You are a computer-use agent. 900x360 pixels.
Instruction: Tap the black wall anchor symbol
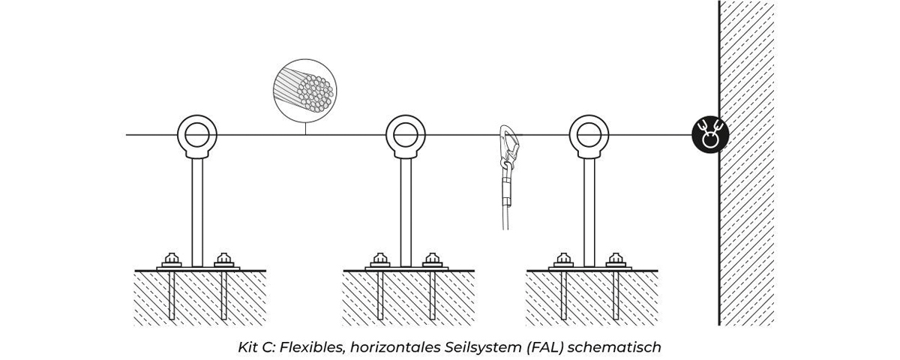710,135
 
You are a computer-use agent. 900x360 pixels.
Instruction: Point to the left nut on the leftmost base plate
172,259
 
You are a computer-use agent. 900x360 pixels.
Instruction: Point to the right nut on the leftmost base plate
223,259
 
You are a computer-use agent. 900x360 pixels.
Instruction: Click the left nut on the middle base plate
380,259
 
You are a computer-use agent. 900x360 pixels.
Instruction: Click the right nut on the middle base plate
431,259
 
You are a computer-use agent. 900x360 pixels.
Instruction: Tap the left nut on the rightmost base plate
563,259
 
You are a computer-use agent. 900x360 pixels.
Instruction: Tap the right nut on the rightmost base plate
614,259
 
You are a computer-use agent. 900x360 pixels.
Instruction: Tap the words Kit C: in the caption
251,347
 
